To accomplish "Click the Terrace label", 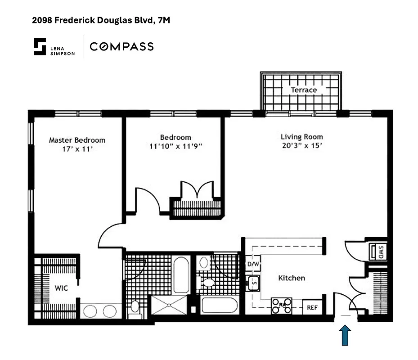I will (303, 90).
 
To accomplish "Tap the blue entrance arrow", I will (345, 336).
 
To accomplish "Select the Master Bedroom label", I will (77, 140).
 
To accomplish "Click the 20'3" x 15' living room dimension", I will (301, 146).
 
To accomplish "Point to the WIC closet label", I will (61, 288).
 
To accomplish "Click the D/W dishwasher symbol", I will (253, 264).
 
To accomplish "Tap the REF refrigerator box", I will (312, 308).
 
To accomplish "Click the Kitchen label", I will (292, 278).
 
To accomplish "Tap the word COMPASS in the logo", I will (121, 46).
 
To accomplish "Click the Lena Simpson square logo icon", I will (40, 46).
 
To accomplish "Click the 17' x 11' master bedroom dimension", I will (77, 148).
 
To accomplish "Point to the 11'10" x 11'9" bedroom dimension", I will (175, 146).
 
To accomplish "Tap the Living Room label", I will (301, 137).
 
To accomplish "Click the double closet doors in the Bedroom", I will (196, 189).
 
